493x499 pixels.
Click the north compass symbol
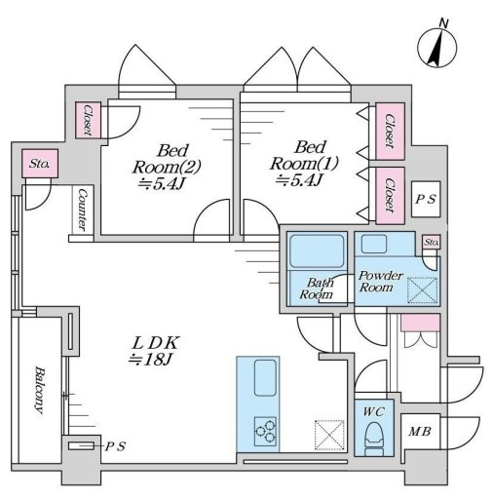point(436,48)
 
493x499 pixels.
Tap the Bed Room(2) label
point(167,167)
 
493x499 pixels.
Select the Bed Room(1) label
point(304,164)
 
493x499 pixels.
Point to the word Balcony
point(39,390)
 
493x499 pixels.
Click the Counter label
point(83,211)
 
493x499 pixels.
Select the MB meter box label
point(420,432)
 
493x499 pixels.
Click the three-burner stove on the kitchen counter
point(266,432)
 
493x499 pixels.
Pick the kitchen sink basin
point(265,378)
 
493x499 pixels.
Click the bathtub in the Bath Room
point(317,251)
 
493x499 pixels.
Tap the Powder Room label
point(380,282)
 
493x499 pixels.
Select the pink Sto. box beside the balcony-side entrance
point(40,164)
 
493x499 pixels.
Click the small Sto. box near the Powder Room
point(432,242)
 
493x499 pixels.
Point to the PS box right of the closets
point(426,199)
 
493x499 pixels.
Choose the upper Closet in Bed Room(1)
point(390,132)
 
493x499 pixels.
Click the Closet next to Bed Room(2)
point(88,120)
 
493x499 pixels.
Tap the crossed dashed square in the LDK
point(329,436)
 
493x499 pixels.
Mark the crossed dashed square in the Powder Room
point(423,290)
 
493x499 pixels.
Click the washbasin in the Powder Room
point(374,244)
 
